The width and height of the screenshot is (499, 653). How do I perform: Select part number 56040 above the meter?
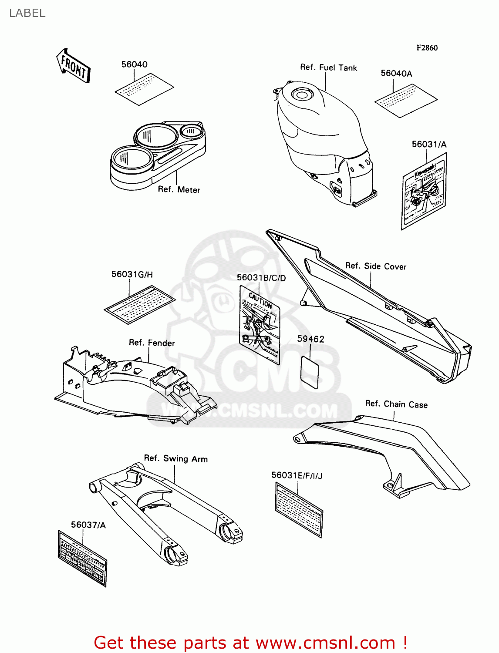click(134, 64)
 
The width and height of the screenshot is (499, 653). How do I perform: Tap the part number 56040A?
click(396, 74)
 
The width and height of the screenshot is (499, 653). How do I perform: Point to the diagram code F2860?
click(427, 48)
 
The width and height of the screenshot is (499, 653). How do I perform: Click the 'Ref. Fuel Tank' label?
click(328, 67)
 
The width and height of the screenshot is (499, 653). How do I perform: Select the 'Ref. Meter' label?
click(179, 189)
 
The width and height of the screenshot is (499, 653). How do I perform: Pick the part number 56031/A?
click(429, 145)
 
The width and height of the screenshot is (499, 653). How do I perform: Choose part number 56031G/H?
click(132, 274)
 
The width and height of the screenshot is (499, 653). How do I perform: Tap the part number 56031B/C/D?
click(261, 278)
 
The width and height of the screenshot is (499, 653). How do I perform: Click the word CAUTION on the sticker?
click(260, 300)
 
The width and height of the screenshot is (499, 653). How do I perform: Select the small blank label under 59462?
click(310, 372)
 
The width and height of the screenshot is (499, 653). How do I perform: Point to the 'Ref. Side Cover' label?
click(375, 266)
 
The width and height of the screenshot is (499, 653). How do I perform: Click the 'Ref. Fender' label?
click(152, 343)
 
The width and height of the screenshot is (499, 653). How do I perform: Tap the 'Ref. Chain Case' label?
click(396, 404)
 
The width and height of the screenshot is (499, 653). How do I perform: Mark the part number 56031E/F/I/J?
click(297, 475)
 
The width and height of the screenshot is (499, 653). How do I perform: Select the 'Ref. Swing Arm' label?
click(175, 458)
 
